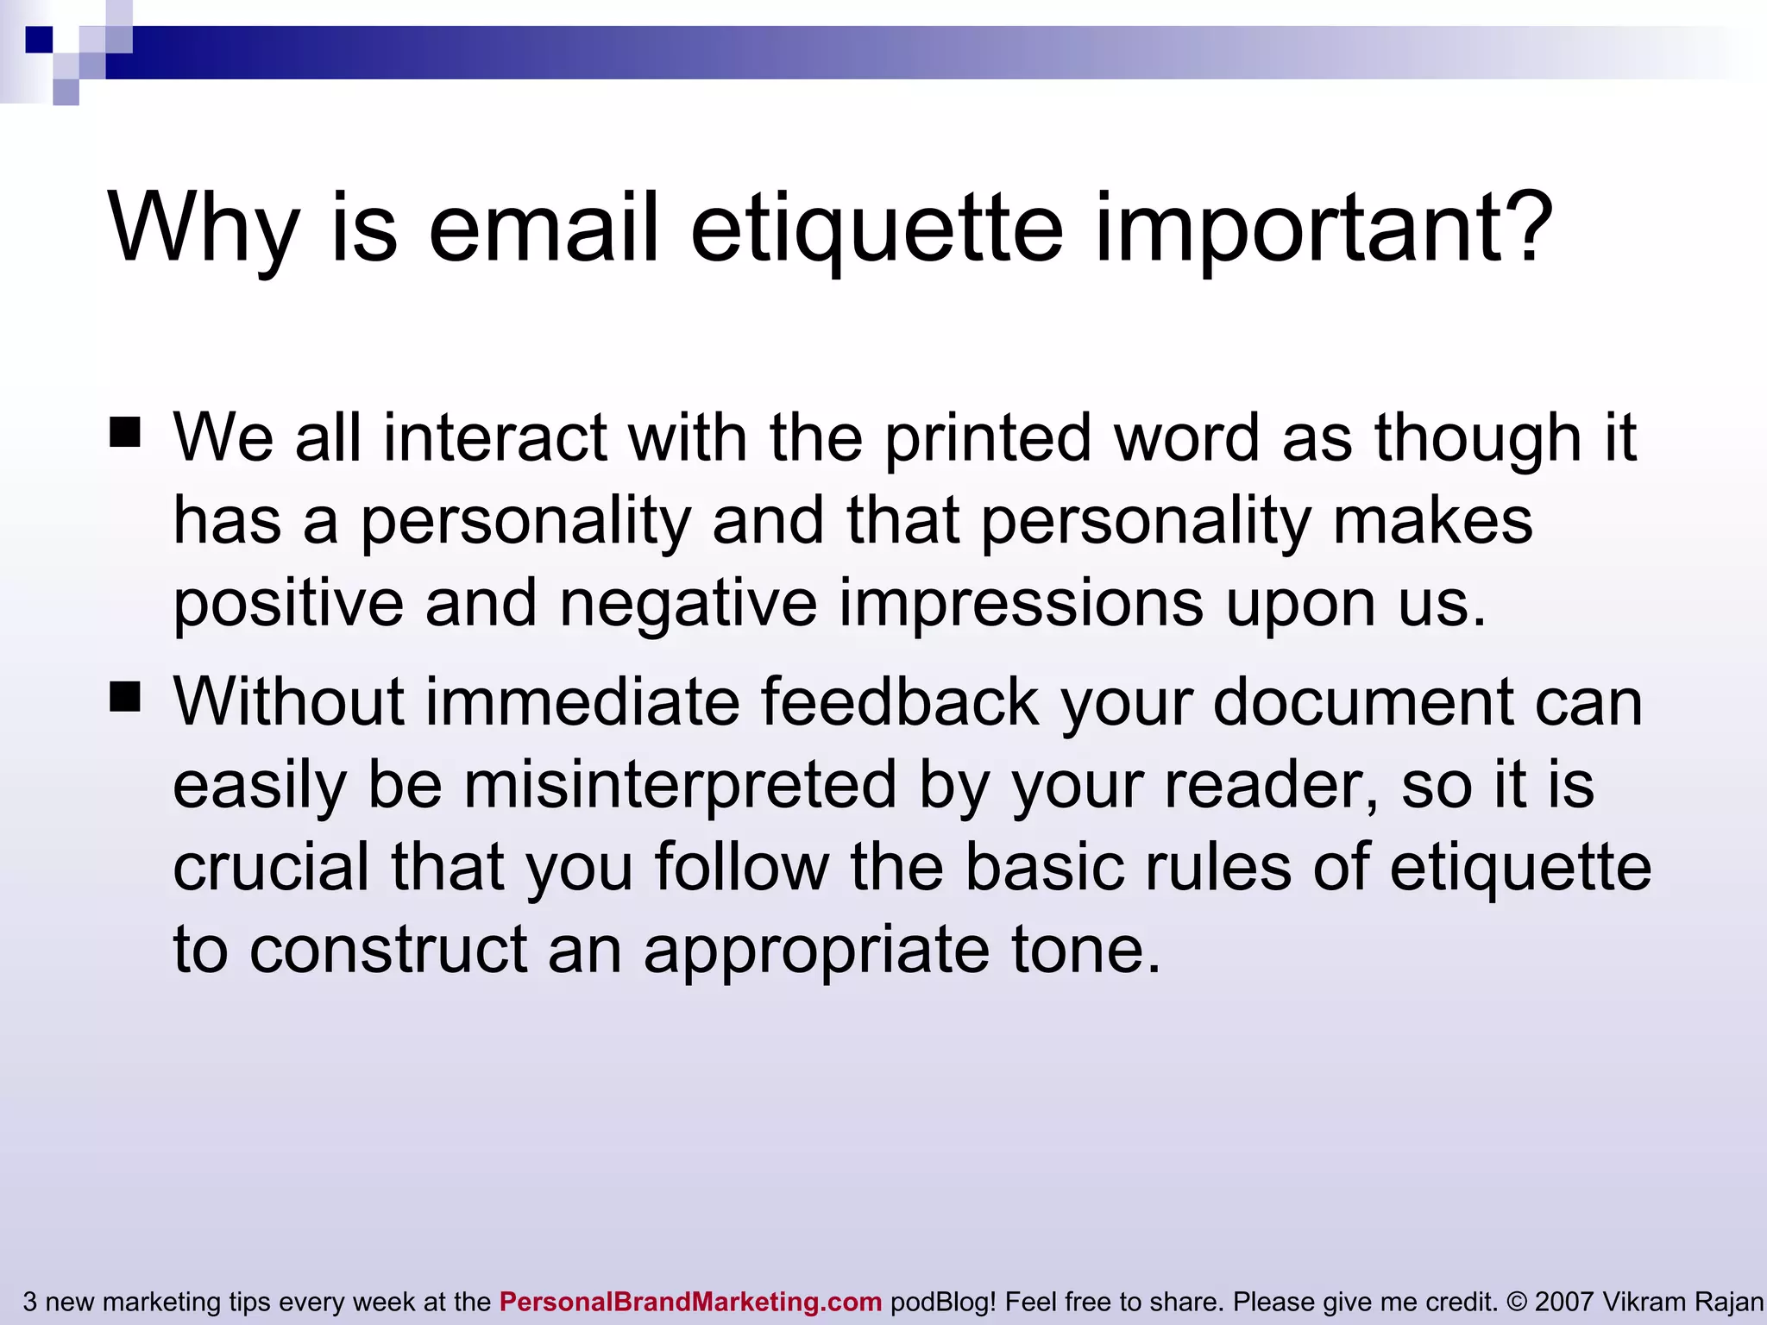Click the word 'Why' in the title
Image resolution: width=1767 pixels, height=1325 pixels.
pos(204,228)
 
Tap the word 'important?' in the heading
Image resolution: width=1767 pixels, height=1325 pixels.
pos(1324,228)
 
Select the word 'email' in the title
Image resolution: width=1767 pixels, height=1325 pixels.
pos(544,228)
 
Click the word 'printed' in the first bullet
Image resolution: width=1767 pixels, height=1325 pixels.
pos(988,438)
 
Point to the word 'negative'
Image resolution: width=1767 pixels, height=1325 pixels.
pos(689,603)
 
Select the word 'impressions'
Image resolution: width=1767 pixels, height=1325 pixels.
pos(1021,603)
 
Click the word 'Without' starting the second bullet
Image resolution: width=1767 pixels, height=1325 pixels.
pos(288,701)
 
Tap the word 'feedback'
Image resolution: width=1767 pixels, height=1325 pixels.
pos(900,701)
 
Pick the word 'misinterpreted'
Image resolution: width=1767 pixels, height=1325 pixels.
pos(680,785)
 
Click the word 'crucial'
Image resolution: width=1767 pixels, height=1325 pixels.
pos(272,867)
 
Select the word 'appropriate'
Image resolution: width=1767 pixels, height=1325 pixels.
pos(816,951)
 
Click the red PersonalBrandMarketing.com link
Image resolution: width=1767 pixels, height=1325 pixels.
pos(690,1302)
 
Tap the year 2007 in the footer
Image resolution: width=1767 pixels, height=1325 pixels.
pos(1563,1302)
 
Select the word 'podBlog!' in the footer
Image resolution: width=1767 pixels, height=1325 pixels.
pos(943,1302)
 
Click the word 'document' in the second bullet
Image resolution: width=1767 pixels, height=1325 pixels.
pos(1363,701)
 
